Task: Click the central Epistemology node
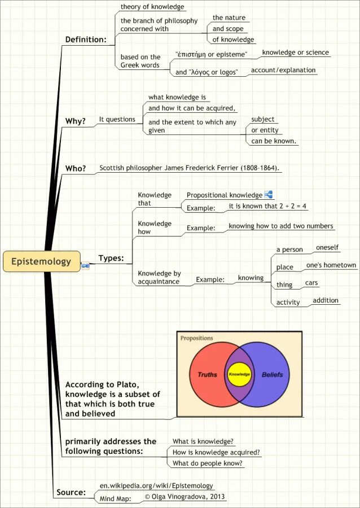(x=41, y=261)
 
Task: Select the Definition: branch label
(x=86, y=40)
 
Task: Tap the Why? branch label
(x=76, y=121)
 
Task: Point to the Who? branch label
(x=76, y=168)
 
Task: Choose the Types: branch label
(x=111, y=259)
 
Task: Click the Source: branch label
(x=71, y=493)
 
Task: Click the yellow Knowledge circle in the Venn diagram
(x=239, y=374)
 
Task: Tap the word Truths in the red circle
(x=207, y=374)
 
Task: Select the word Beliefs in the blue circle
(x=273, y=374)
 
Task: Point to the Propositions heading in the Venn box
(x=197, y=338)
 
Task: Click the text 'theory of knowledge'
(x=152, y=7)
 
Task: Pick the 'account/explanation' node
(x=283, y=71)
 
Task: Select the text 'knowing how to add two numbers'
(x=281, y=226)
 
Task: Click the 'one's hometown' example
(x=331, y=265)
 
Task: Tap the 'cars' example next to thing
(x=312, y=283)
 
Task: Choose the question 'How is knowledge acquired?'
(x=216, y=452)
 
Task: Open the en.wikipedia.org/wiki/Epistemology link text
(x=156, y=485)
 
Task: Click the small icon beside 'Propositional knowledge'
(x=269, y=195)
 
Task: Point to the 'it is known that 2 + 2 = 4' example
(x=267, y=207)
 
